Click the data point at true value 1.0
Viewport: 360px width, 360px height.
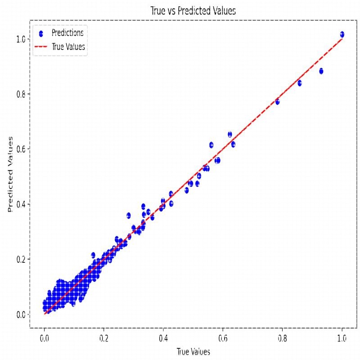point(342,34)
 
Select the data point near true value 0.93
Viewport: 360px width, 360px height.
point(321,71)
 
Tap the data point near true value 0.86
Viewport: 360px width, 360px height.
point(300,83)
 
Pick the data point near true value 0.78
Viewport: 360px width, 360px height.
point(277,102)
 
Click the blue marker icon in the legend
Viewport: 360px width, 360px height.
point(41,33)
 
